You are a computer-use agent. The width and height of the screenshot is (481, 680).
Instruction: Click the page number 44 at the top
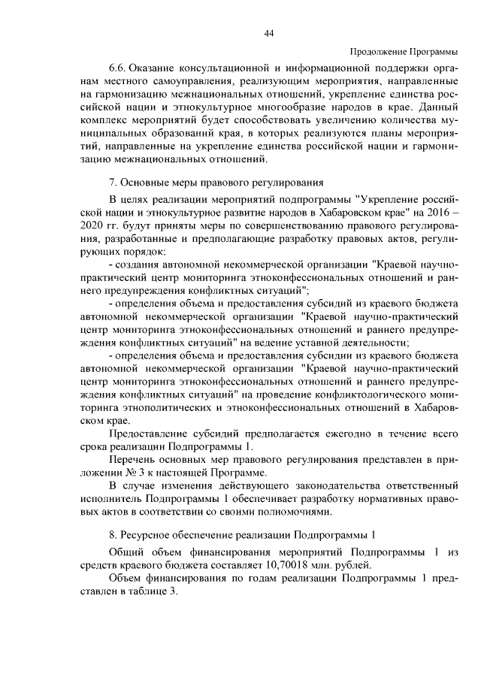click(x=268, y=34)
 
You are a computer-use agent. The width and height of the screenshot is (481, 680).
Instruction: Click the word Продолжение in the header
click(x=379, y=51)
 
